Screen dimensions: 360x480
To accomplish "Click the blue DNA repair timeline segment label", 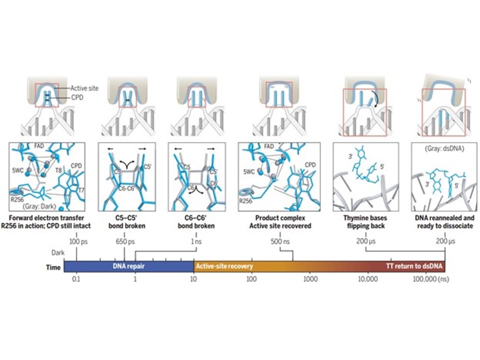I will (x=128, y=265).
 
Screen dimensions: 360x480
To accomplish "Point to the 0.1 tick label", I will (x=76, y=278).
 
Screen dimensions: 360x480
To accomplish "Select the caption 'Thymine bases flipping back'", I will (x=366, y=222).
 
